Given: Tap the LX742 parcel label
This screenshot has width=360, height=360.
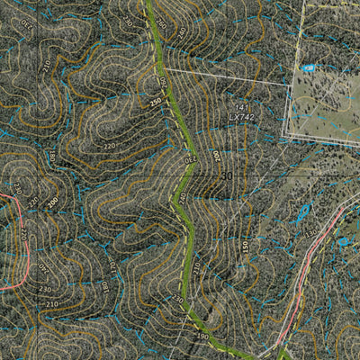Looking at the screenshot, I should click(241, 118).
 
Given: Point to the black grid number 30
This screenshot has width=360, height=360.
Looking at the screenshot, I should click(226, 176).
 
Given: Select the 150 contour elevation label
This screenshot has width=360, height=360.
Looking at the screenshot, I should click(244, 245).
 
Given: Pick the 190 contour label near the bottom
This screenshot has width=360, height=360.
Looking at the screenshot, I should click(202, 337).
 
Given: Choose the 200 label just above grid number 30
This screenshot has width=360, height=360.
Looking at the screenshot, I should click(217, 156).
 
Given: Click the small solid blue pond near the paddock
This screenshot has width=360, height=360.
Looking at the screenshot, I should click(309, 67).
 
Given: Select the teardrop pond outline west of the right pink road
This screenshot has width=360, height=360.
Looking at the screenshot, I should click(303, 212).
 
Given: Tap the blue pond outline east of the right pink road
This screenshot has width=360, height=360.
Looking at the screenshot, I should click(343, 241).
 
